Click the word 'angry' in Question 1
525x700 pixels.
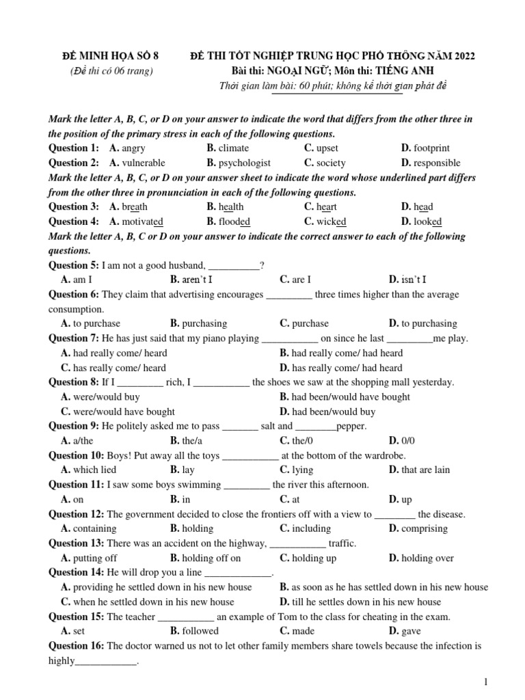[133, 148]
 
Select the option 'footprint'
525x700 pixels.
[431, 148]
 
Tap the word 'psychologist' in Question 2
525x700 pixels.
[245, 163]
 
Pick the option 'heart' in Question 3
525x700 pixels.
[326, 207]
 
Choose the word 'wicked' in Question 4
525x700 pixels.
[331, 221]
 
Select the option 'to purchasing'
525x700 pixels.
[429, 324]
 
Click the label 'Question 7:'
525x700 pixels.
[74, 338]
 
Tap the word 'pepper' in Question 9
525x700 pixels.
[351, 427]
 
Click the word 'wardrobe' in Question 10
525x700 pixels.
[385, 456]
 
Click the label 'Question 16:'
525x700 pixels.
[77, 646]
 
